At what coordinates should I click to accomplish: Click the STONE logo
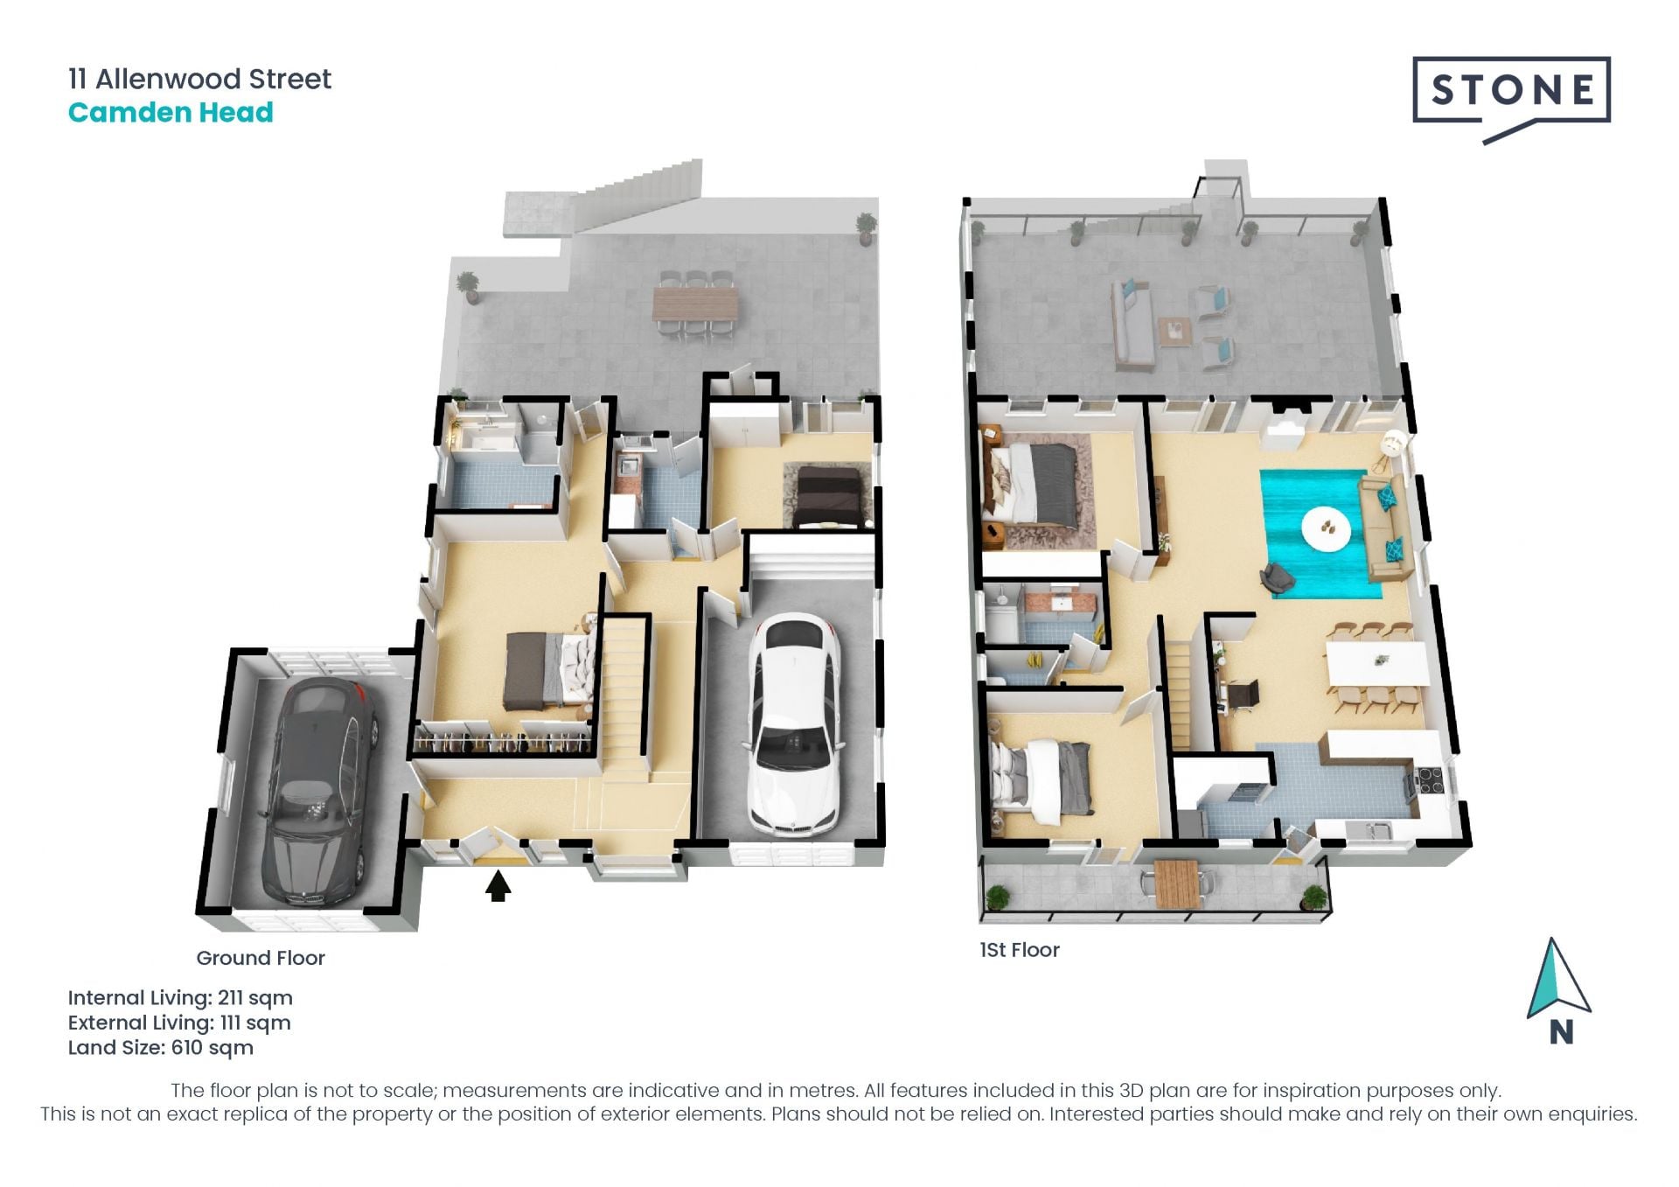pos(1511,99)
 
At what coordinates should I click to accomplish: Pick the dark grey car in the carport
pos(318,792)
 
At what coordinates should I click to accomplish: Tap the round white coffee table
pos(1326,527)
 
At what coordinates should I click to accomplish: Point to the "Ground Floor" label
pos(261,958)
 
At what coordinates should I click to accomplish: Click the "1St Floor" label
pos(1020,950)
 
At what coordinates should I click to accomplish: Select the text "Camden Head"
pos(171,113)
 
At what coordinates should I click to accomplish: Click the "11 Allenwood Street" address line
pos(199,80)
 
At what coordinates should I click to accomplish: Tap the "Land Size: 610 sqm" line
pos(161,1048)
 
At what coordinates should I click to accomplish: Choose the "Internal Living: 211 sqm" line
pos(180,998)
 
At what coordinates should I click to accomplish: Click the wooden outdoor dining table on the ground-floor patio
pos(695,304)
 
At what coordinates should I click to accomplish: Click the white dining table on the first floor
pos(1376,663)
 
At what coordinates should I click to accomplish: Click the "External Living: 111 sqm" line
pos(179,1023)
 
